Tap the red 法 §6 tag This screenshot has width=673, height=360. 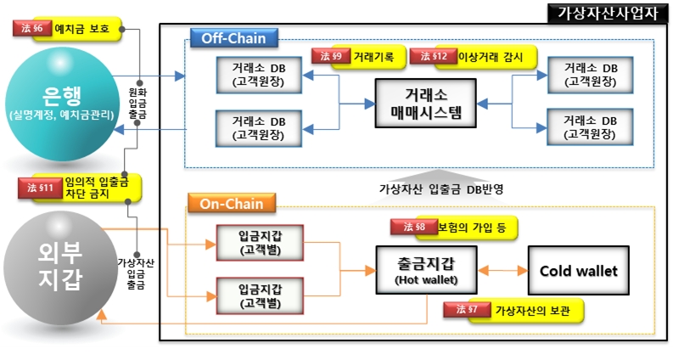coord(32,28)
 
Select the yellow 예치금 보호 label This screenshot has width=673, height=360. coord(85,29)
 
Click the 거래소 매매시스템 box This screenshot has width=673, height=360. coord(420,103)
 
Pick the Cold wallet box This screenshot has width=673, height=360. coord(578,271)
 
